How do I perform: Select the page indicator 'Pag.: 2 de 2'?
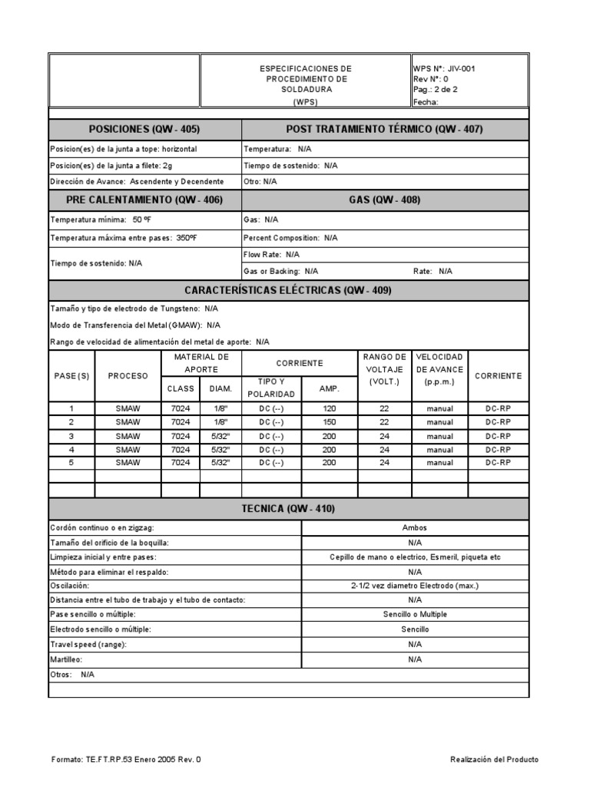pyautogui.click(x=436, y=90)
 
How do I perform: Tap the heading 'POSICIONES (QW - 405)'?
pyautogui.click(x=144, y=130)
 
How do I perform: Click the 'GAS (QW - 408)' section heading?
pyautogui.click(x=385, y=200)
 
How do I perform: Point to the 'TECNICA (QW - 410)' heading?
pyautogui.click(x=288, y=509)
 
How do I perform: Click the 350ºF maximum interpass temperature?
pyautogui.click(x=186, y=238)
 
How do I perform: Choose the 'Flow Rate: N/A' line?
pyautogui.click(x=271, y=254)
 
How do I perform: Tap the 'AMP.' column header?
pyautogui.click(x=329, y=389)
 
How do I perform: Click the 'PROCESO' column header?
pyautogui.click(x=128, y=376)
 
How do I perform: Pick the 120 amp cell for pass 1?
pyautogui.click(x=330, y=409)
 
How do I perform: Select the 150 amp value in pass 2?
pyautogui.click(x=330, y=422)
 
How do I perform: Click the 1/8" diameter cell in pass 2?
pyautogui.click(x=220, y=422)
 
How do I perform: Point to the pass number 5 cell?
pyautogui.click(x=71, y=463)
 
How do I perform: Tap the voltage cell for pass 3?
pyautogui.click(x=384, y=436)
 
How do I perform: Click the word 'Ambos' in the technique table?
pyautogui.click(x=415, y=529)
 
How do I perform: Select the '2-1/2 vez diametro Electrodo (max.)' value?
pyautogui.click(x=415, y=586)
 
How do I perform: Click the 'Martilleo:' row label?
pyautogui.click(x=66, y=659)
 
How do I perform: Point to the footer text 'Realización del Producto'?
pyautogui.click(x=494, y=759)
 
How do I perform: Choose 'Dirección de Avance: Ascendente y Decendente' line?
pyautogui.click(x=137, y=182)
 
